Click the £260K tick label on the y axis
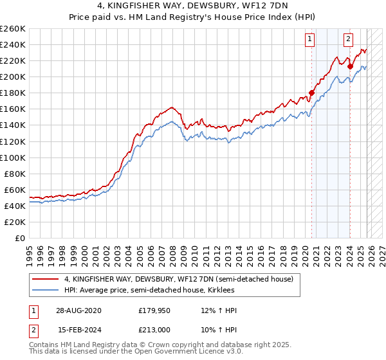(x=12, y=29)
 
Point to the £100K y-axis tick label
(x=12, y=157)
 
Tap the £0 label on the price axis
(x=20, y=238)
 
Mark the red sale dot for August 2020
(x=312, y=93)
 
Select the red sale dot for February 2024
(x=350, y=66)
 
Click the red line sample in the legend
(x=45, y=279)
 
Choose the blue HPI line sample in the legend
(x=45, y=291)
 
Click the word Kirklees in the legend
(x=230, y=291)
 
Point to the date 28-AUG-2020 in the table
(x=73, y=310)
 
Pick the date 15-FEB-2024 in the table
(x=73, y=330)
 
